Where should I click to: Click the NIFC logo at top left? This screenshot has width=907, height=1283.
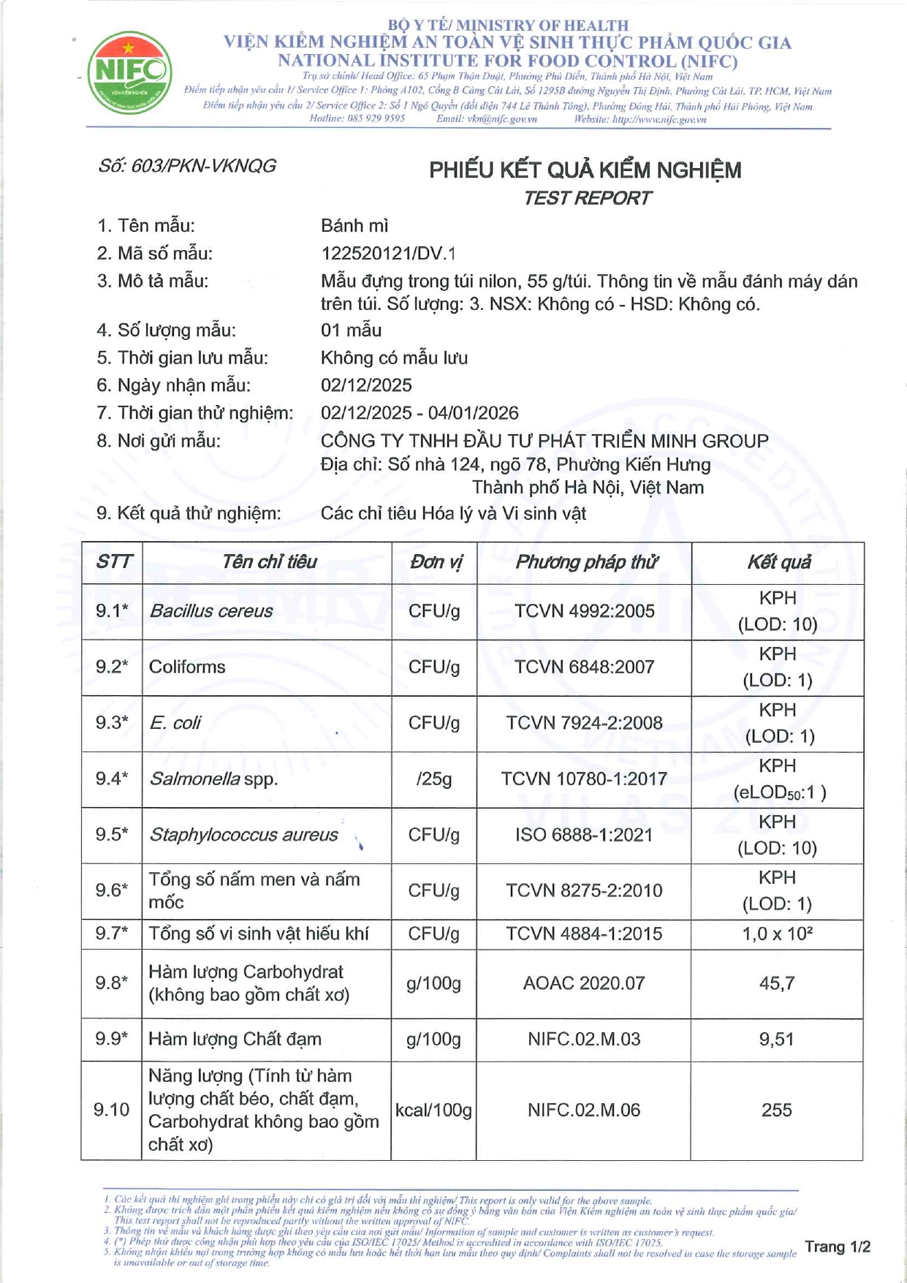(x=129, y=72)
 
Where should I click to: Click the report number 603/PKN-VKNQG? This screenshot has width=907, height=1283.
(x=187, y=167)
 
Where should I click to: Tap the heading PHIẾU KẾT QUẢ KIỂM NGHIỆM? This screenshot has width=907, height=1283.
(x=585, y=170)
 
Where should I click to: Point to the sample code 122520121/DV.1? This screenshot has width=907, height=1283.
(x=388, y=254)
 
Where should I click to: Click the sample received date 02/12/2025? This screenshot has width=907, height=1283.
(x=366, y=385)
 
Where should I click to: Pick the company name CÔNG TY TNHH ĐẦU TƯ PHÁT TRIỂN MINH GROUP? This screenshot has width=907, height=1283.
(x=544, y=441)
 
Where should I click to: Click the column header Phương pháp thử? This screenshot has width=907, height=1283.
(x=585, y=562)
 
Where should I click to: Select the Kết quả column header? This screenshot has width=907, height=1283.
(x=778, y=562)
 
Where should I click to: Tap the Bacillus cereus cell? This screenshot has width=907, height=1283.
(x=211, y=611)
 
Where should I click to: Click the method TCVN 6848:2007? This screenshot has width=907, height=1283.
(x=584, y=667)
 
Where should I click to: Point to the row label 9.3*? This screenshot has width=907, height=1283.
(x=112, y=723)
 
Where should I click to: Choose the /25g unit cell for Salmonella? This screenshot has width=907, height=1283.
(x=434, y=779)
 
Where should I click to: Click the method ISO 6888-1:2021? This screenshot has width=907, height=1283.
(x=584, y=835)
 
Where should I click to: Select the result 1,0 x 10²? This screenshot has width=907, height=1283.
(x=777, y=934)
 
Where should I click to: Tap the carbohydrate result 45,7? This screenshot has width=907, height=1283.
(x=777, y=983)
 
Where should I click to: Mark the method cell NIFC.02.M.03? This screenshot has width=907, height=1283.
(x=584, y=1039)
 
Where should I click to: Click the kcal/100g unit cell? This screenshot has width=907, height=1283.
(x=433, y=1110)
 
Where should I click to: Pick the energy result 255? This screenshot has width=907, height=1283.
(x=777, y=1110)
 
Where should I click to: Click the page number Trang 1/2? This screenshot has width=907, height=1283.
(x=838, y=1246)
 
